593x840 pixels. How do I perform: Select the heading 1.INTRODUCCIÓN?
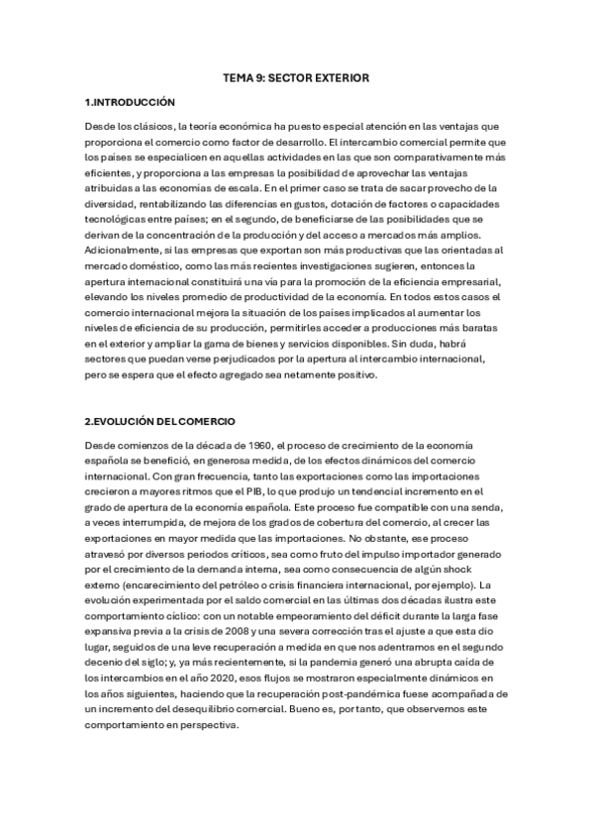point(130,102)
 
